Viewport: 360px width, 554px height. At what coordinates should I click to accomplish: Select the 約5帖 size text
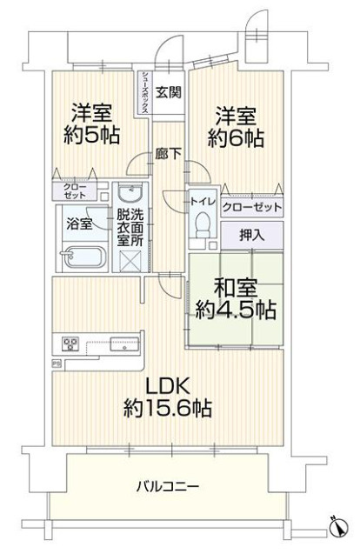point(90,135)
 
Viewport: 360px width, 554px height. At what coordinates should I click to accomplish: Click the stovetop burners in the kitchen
point(69,342)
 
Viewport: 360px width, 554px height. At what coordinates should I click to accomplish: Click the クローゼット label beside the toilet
point(252,207)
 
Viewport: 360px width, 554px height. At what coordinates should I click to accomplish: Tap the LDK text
point(162,386)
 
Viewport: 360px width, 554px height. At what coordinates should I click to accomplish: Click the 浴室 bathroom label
point(81,224)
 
